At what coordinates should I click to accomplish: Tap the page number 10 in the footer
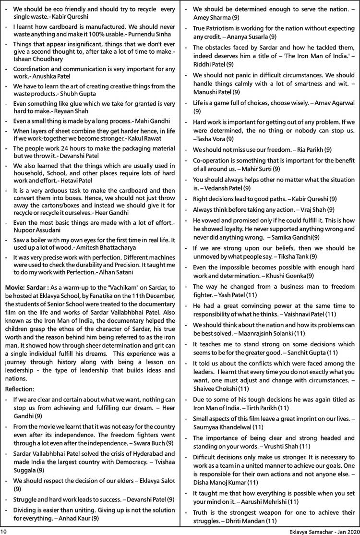4,531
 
